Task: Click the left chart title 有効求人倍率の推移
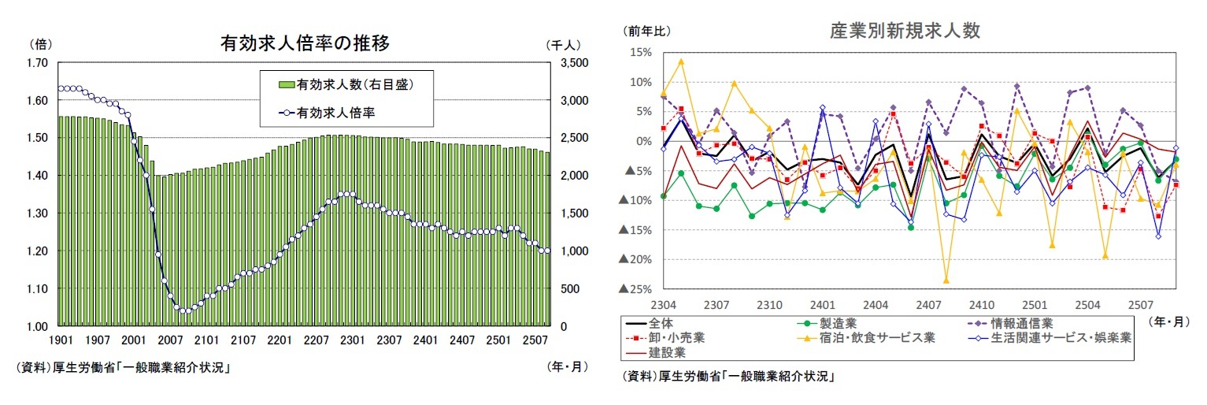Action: [x=305, y=43]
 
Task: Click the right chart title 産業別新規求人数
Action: [x=905, y=31]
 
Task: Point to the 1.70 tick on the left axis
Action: [x=36, y=63]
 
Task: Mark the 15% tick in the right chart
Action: [x=640, y=53]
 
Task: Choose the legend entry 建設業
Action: [x=668, y=353]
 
